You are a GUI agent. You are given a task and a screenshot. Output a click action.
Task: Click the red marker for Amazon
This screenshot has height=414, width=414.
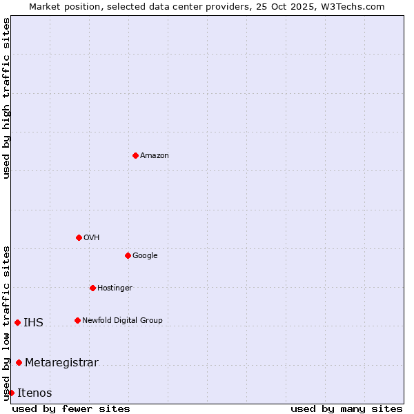point(135,155)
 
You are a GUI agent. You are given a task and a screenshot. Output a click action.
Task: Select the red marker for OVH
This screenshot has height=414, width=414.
point(79,237)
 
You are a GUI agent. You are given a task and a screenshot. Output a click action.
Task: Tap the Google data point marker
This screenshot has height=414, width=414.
point(128,255)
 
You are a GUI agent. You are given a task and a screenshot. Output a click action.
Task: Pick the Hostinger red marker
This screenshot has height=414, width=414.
point(92,288)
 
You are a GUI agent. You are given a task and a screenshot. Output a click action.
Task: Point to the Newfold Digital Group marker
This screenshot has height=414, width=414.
point(77,320)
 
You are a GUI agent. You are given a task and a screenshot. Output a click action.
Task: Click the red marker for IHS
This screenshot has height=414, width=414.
point(17,322)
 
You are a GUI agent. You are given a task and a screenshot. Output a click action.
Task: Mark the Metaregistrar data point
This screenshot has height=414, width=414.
point(19,362)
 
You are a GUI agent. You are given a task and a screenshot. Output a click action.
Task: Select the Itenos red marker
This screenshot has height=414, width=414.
point(11,393)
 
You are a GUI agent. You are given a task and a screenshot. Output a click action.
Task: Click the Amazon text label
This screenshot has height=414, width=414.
point(155,156)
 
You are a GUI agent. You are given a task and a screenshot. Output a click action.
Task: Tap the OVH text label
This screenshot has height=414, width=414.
point(92,238)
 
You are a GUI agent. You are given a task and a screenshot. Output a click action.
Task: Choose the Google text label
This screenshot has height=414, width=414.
point(145,256)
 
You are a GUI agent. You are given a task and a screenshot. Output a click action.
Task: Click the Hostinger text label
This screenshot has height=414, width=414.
point(115,288)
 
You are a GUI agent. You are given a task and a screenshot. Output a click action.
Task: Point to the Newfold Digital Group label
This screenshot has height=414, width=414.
point(122,321)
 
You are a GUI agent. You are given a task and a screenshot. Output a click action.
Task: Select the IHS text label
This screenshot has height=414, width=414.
point(33,323)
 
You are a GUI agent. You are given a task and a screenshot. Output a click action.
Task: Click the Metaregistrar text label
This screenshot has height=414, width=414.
point(61,363)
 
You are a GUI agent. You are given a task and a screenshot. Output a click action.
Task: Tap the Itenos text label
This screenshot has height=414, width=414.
point(34,393)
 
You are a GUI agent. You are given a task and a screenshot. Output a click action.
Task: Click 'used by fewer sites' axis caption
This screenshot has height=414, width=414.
point(71,408)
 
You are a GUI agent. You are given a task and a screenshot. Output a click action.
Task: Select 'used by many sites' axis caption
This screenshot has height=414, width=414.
point(346,408)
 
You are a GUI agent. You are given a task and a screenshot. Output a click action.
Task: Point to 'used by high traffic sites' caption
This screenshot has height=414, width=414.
point(7,99)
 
